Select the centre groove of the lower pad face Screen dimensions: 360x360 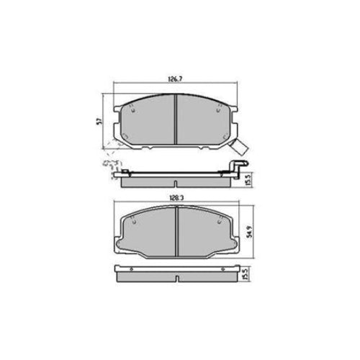pos(178,230)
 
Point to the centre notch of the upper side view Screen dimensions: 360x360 pos(178,177)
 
